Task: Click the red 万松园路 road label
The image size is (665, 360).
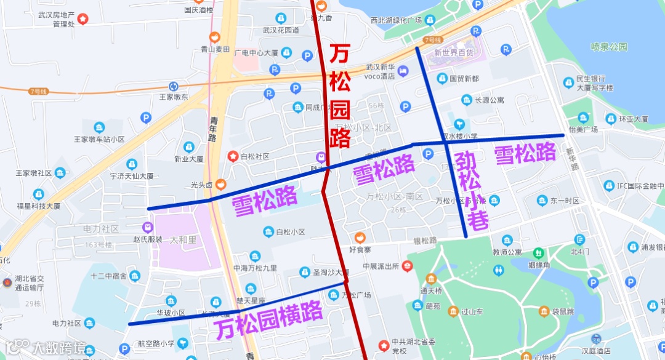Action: (x=340, y=95)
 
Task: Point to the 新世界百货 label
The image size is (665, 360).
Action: (x=454, y=53)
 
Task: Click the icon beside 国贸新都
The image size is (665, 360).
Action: (x=442, y=78)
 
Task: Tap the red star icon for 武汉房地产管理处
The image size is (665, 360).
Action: (x=83, y=19)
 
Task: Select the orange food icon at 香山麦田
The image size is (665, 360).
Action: (x=214, y=38)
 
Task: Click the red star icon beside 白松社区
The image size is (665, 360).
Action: (x=233, y=156)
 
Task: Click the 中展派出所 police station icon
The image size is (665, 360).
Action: (x=406, y=266)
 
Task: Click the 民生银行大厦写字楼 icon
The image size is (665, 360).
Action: (x=568, y=82)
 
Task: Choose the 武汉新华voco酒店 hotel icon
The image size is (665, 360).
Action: (x=403, y=71)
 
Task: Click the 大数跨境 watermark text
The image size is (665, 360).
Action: (x=59, y=348)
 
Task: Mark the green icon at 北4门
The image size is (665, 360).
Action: (x=579, y=239)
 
